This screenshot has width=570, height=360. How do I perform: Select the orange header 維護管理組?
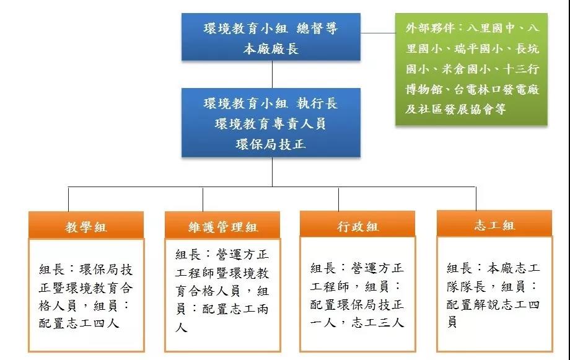[222, 226]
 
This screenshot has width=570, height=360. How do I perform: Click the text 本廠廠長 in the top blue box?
[271, 49]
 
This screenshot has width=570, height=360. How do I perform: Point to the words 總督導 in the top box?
[317, 29]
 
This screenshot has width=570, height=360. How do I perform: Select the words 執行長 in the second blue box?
[317, 103]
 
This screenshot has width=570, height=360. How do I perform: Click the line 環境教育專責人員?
[271, 124]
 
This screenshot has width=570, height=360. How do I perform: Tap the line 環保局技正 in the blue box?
[271, 144]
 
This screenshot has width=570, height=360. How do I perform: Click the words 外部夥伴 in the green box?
[430, 28]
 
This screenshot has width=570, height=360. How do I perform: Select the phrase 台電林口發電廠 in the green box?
[496, 89]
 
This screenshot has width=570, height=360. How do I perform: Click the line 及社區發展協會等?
[455, 109]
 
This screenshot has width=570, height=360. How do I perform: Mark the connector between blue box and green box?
[378, 33]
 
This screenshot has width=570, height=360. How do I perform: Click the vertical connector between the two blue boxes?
[272, 74]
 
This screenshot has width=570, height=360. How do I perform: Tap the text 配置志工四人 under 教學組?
[79, 323]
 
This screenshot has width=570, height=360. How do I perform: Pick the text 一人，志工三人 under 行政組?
[357, 322]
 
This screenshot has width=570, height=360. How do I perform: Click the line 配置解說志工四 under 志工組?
[493, 304]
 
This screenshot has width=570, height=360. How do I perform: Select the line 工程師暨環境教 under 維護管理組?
[222, 273]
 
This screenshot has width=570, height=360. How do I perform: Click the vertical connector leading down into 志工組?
[476, 198]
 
